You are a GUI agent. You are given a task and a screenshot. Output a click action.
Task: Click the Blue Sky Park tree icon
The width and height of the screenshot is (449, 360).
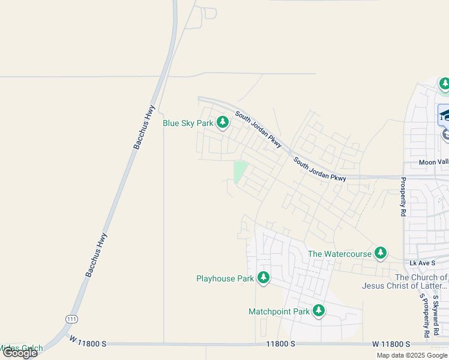tap(223, 123)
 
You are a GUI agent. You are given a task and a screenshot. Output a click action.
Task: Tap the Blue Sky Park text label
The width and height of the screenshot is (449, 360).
tap(188, 123)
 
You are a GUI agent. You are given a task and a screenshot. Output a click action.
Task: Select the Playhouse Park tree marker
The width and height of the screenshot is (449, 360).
tap(263, 278)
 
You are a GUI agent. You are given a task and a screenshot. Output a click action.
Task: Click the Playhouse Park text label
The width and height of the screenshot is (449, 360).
tap(225, 278)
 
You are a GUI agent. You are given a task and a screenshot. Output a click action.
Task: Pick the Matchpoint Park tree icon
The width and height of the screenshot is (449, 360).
tap(319, 311)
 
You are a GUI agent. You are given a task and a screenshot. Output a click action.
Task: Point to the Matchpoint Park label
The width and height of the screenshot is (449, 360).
tap(279, 311)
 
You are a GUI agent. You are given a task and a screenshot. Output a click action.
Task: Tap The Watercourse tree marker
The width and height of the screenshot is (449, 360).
tap(380, 254)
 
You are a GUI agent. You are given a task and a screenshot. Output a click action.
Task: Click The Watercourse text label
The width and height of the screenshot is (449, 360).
tap(340, 254)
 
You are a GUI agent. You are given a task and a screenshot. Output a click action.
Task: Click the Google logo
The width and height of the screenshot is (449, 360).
tap(20, 353)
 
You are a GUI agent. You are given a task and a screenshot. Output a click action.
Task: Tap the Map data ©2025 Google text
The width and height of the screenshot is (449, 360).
tap(411, 355)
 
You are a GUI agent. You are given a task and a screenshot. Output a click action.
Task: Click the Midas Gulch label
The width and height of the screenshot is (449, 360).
tap(22, 347)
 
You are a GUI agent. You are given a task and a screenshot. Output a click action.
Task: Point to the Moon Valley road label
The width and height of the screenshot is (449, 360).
tap(433, 163)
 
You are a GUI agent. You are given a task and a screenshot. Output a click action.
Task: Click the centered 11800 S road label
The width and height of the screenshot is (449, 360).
tap(281, 344)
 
